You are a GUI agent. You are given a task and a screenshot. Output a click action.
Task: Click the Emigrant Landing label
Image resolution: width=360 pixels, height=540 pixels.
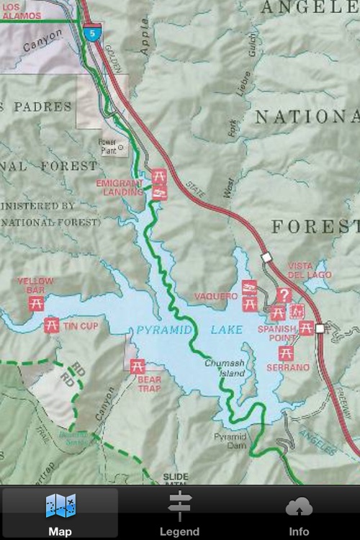[x=120, y=188]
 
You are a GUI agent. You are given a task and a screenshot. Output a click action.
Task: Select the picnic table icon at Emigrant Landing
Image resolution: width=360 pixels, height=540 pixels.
[x=159, y=176]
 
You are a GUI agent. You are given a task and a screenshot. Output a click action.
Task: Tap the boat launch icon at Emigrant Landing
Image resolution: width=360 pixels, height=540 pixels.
[x=160, y=192]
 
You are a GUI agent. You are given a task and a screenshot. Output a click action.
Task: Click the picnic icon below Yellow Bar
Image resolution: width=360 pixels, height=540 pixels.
[x=36, y=303]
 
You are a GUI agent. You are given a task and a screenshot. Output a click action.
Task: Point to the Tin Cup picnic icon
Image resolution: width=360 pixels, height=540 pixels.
[x=51, y=325]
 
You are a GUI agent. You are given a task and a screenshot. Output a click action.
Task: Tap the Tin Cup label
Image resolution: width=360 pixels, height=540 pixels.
[x=81, y=326]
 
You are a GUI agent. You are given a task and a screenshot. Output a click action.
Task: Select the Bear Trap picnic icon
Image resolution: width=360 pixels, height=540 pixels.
[x=138, y=366]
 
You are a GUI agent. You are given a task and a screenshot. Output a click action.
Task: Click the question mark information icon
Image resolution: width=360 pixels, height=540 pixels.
[x=284, y=295]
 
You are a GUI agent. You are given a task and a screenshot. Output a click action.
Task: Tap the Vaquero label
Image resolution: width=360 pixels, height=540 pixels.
[x=216, y=296]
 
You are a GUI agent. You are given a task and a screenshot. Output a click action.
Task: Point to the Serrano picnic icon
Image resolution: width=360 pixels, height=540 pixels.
[x=286, y=353]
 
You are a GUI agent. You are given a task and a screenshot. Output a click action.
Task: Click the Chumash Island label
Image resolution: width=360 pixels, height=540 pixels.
[x=224, y=369]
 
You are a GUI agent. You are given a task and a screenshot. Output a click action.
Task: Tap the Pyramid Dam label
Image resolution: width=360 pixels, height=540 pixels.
[x=230, y=441]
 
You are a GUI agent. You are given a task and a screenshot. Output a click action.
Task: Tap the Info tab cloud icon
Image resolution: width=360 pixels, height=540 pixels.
[x=299, y=507]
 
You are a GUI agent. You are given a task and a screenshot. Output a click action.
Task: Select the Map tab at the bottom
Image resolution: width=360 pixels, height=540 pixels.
[x=60, y=514]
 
